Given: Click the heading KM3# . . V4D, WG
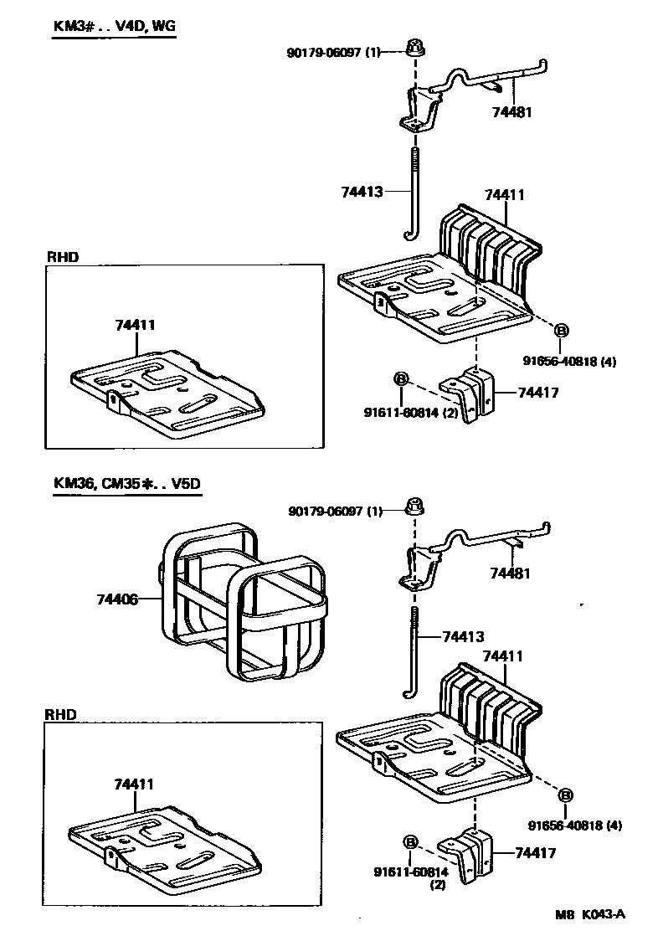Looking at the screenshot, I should click(x=115, y=26).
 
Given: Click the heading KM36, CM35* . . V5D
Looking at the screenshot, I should click(x=127, y=484).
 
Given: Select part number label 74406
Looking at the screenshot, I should click(x=116, y=599).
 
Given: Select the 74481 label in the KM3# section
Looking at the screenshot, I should click(x=512, y=111).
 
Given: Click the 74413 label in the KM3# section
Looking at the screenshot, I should click(x=362, y=192).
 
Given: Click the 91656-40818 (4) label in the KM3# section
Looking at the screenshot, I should click(x=570, y=362).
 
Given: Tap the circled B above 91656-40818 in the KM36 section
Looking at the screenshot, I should click(x=566, y=795).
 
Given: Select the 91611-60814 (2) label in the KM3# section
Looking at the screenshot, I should click(x=410, y=411).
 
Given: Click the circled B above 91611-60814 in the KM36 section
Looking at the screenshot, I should click(x=410, y=841).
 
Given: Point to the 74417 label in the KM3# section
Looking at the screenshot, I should click(x=537, y=392).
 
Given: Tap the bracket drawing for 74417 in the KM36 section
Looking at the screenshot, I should click(x=472, y=855).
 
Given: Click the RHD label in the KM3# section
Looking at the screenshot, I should click(x=62, y=257).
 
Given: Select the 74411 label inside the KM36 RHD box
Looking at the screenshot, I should click(x=134, y=784).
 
